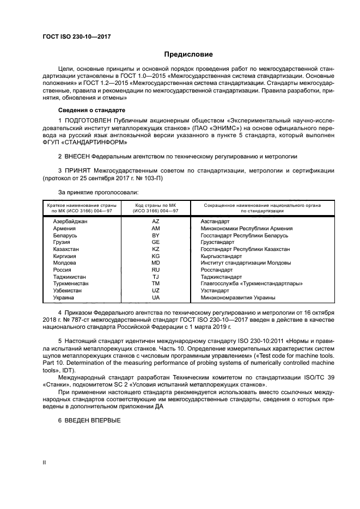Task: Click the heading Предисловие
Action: point(188,54)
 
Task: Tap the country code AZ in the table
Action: point(155,222)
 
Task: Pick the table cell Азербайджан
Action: point(70,222)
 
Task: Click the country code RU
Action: point(155,269)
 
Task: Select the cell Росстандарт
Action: point(216,269)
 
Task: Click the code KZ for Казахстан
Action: point(155,249)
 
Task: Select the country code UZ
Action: point(155,291)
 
